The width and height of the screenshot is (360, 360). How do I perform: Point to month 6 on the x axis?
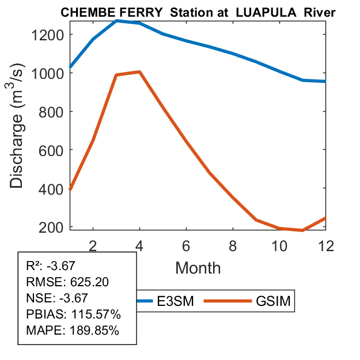[x=186, y=245]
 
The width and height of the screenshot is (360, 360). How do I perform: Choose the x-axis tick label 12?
[x=326, y=245]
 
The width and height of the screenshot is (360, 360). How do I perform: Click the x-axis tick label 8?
[x=233, y=245]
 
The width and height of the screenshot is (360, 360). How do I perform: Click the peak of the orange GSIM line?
[x=139, y=71]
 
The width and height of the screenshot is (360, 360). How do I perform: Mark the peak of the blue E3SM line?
[x=116, y=21]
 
